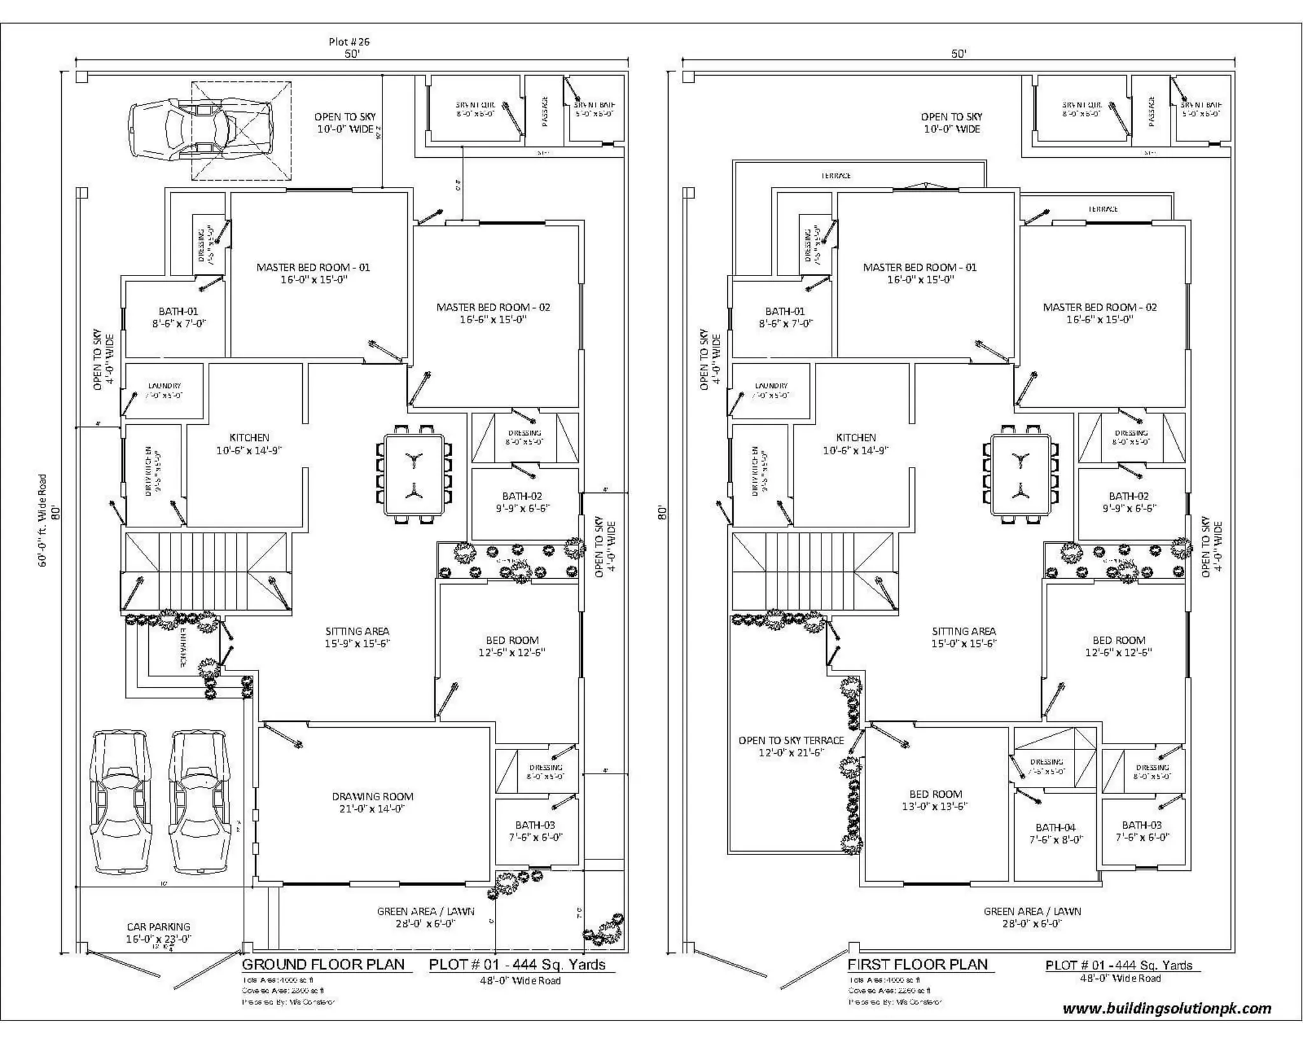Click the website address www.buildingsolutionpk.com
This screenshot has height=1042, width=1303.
pos(1167,1008)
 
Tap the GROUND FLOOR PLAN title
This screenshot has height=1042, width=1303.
pos(323,964)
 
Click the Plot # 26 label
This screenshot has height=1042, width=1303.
pos(349,42)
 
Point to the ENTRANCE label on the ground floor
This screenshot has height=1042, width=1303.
pos(183,648)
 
